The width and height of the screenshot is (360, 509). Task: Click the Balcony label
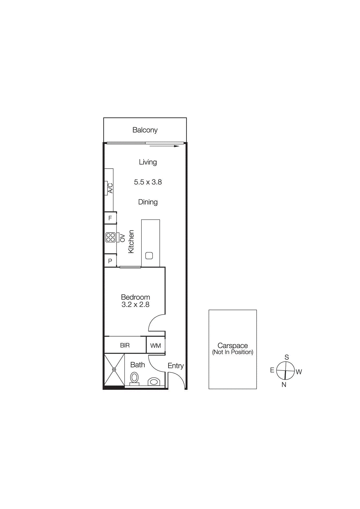(x=145, y=130)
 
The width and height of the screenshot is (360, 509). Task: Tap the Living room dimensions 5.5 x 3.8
(x=148, y=182)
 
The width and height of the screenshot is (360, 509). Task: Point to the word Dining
(x=148, y=202)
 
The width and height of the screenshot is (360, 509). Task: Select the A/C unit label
(x=110, y=188)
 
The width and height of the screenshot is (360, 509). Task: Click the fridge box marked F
(x=110, y=218)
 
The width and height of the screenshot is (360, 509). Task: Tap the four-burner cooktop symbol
(x=110, y=237)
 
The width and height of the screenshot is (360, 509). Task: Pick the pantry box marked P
(x=110, y=261)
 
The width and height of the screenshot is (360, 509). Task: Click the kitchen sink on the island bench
(x=149, y=255)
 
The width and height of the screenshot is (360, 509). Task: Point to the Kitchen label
(x=131, y=241)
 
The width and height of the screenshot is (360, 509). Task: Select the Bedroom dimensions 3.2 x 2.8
(x=135, y=305)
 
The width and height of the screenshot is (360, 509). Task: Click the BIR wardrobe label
(x=125, y=345)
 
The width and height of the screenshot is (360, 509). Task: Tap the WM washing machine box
(x=156, y=345)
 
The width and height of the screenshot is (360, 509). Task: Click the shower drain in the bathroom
(x=114, y=369)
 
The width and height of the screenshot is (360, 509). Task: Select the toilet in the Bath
(x=134, y=379)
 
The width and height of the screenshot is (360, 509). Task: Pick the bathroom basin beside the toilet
(x=154, y=381)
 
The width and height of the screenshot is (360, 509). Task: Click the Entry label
(x=176, y=366)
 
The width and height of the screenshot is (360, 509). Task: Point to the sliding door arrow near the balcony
(x=164, y=146)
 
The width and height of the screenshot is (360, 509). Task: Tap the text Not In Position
(x=233, y=352)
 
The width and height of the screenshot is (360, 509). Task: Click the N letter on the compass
(x=284, y=385)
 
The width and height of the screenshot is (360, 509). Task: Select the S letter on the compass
(x=287, y=357)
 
